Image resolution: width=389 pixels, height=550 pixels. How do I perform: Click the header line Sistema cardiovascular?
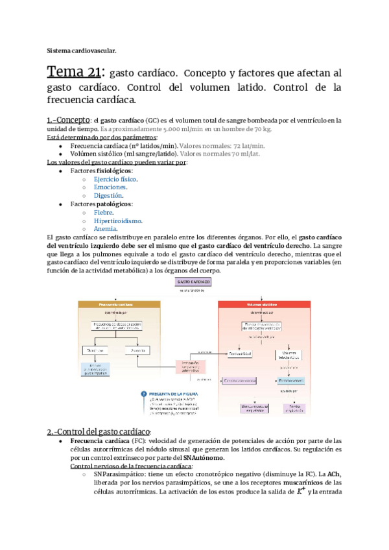pyautogui.click(x=82, y=51)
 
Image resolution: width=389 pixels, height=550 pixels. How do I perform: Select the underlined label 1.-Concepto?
pyautogui.click(x=69, y=120)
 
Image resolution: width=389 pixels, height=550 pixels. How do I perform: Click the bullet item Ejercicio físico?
pyautogui.click(x=115, y=178)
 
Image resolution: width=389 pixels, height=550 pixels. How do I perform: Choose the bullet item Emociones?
pyautogui.click(x=110, y=187)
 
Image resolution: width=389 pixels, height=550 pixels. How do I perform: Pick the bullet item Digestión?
pyautogui.click(x=108, y=195)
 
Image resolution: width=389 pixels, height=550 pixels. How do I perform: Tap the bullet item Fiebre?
pyautogui.click(x=104, y=212)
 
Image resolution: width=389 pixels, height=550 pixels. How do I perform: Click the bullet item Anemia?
pyautogui.click(x=106, y=229)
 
